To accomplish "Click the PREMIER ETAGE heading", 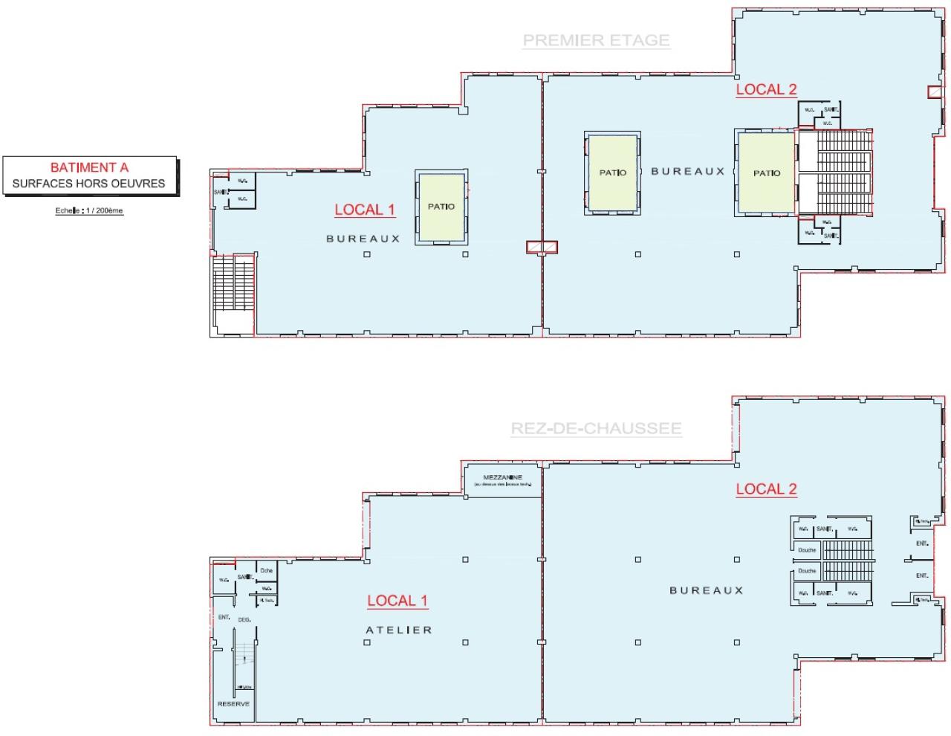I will point(596,40).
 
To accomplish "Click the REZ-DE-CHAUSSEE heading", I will point(596,428).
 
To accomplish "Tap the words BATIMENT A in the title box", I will point(89,167).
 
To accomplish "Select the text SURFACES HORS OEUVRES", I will point(89,183).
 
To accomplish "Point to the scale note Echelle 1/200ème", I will point(89,211).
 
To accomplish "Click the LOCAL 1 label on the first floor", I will point(364,210).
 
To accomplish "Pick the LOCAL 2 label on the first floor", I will point(766,89).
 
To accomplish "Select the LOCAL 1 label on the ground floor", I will point(397,601).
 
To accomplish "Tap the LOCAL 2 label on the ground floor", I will point(766,488).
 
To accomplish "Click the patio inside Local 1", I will point(441,207).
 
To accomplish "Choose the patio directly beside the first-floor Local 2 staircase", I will point(766,173).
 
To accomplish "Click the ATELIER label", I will point(399,630).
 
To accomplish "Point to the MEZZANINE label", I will point(503,477).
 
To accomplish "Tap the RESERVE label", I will point(233,703).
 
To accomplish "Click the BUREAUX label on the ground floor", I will point(706,590).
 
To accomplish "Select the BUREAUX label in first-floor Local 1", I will point(363,239).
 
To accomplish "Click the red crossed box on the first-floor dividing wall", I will point(542,247).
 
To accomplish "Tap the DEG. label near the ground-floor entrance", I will point(244,619).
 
